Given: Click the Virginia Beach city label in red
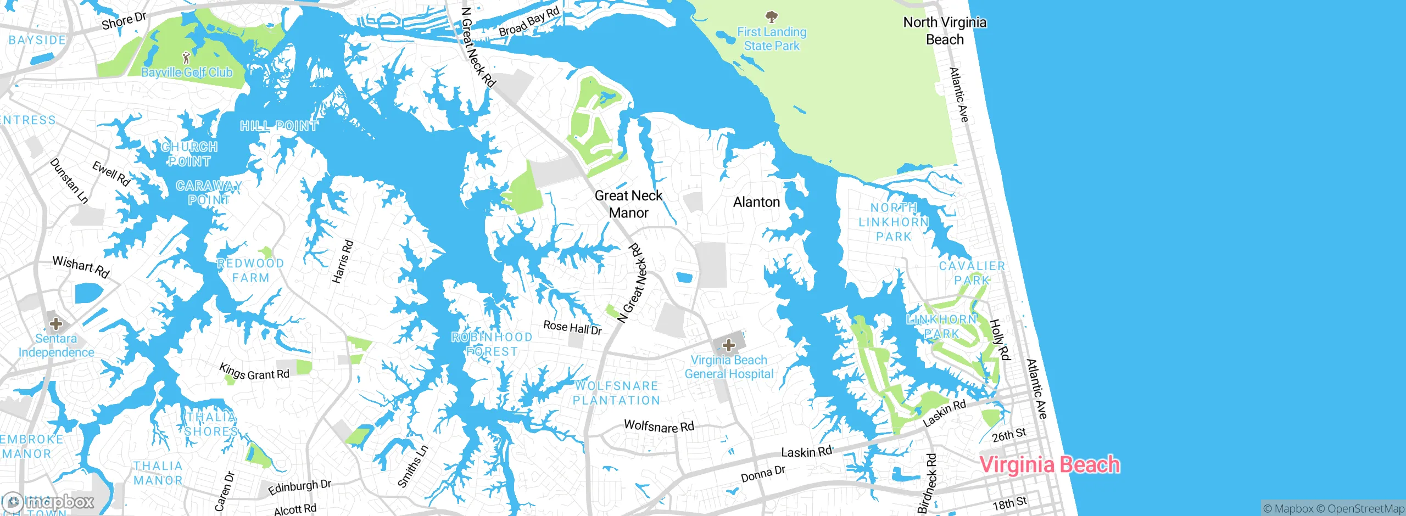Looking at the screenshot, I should pyautogui.click(x=1050, y=465).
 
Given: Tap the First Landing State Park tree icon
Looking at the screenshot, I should pyautogui.click(x=772, y=16).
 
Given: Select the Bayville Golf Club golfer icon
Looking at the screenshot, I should pyautogui.click(x=186, y=57).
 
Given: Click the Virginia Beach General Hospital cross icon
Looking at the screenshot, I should pyautogui.click(x=729, y=345).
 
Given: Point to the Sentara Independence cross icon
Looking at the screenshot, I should pyautogui.click(x=55, y=323).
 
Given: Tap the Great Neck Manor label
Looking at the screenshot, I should pyautogui.click(x=628, y=204).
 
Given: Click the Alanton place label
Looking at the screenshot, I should pyautogui.click(x=756, y=202).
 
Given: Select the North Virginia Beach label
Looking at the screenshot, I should pyautogui.click(x=945, y=31).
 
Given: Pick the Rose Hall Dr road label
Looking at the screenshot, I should pyautogui.click(x=572, y=328).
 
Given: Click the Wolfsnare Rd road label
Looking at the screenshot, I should pyautogui.click(x=659, y=426).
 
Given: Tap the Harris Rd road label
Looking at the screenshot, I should pyautogui.click(x=342, y=262).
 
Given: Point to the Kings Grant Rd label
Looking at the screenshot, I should pyautogui.click(x=254, y=372).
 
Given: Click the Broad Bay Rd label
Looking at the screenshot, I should pyautogui.click(x=529, y=21).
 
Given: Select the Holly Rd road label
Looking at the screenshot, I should pyautogui.click(x=1000, y=340).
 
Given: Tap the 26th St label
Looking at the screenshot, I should pyautogui.click(x=1009, y=435).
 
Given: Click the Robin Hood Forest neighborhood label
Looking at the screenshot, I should pyautogui.click(x=492, y=344).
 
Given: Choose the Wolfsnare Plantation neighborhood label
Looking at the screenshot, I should pyautogui.click(x=616, y=393).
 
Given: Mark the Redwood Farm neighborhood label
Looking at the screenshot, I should pyautogui.click(x=250, y=271).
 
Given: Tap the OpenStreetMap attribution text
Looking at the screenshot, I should pyautogui.click(x=1365, y=509).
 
